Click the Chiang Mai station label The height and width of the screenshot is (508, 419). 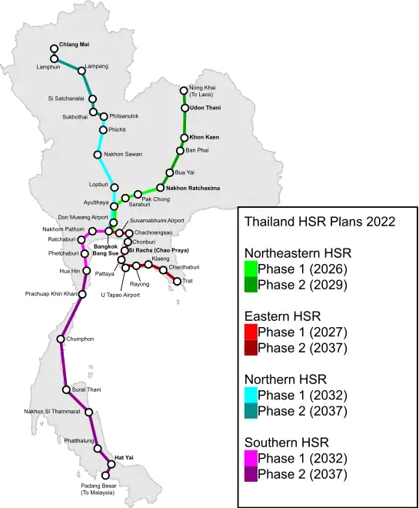click(75, 45)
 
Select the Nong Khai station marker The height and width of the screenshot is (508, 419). click(184, 90)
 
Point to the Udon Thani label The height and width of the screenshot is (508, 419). click(205, 108)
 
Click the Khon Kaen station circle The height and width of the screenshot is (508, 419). click(184, 138)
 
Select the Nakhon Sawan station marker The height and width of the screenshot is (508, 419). click(98, 154)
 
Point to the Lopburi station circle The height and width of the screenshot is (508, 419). click(115, 185)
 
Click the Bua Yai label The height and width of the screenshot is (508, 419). click(185, 172)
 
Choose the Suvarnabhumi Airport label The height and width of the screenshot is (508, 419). click(158, 220)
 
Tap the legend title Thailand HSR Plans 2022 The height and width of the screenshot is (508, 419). click(319, 222)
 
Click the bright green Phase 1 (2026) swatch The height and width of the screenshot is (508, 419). click(251, 269)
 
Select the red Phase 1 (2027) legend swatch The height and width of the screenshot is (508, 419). click(251, 332)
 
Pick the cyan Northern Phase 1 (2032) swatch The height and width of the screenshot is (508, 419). click(251, 395)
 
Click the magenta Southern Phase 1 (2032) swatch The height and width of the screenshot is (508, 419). click(251, 458)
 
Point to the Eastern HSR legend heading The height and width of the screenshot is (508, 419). click(282, 316)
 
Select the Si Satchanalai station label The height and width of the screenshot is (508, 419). click(67, 99)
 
